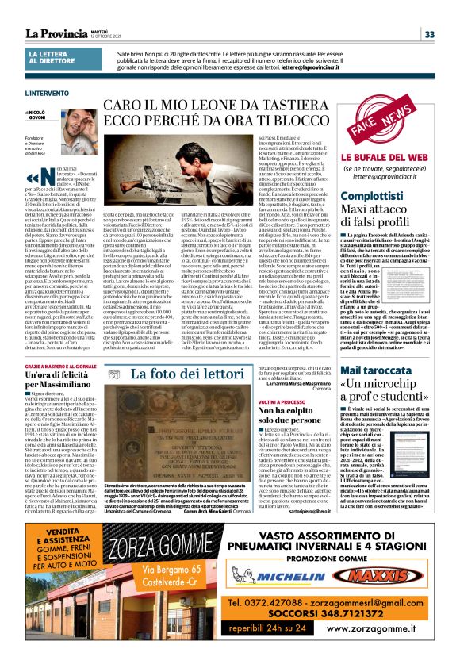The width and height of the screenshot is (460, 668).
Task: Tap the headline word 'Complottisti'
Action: point(371,195)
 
